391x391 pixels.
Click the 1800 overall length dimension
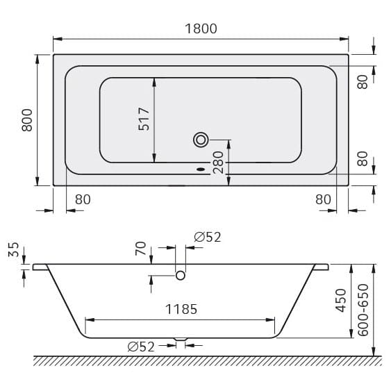point(201,28)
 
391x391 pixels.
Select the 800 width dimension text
point(27,120)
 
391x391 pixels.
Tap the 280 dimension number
point(218,162)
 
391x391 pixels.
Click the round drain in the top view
point(201,140)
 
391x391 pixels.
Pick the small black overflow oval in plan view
point(201,167)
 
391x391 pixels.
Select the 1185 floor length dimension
point(181,309)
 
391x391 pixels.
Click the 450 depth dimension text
point(341,301)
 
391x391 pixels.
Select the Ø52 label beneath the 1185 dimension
point(141,347)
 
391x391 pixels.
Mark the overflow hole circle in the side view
point(181,276)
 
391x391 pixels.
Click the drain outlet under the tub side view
point(181,340)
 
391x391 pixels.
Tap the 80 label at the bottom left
point(83,199)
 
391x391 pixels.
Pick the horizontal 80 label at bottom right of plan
point(323,199)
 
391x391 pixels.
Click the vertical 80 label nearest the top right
point(362,81)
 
